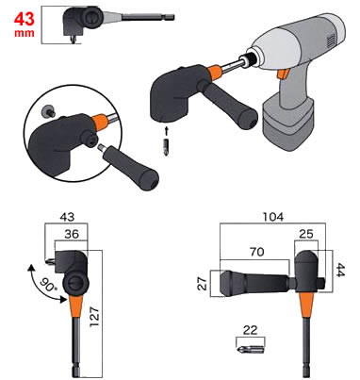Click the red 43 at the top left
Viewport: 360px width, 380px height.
tap(24, 19)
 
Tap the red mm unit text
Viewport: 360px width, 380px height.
tap(25, 33)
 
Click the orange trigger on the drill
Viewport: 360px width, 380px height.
tap(283, 74)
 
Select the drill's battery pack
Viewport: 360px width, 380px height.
tap(288, 123)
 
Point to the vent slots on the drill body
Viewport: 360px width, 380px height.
tap(330, 41)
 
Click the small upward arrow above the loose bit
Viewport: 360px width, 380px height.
tap(167, 131)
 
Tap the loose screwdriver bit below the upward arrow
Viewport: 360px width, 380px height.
tap(167, 147)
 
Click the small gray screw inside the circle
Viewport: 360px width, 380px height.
tap(48, 111)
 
